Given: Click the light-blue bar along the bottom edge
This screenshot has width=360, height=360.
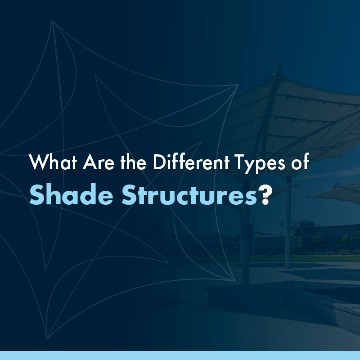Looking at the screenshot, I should point(180,355).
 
